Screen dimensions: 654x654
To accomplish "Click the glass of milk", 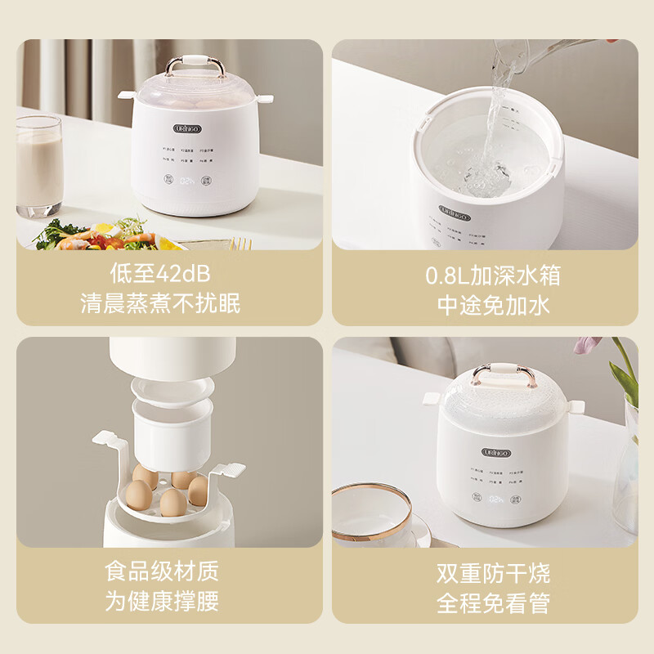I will [38, 166].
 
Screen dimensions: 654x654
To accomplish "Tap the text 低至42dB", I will [160, 274].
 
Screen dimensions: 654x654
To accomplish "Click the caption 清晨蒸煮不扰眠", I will [160, 304].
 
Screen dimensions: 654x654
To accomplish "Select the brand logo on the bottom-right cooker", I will [496, 452].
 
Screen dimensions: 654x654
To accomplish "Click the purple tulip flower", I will [585, 345].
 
